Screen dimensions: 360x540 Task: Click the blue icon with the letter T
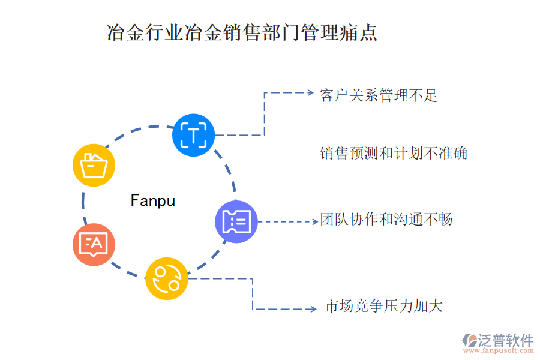(x=193, y=134)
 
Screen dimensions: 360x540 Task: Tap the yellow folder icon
(x=94, y=165)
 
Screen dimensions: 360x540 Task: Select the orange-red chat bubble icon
(x=94, y=244)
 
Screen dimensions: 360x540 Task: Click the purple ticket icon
(x=236, y=222)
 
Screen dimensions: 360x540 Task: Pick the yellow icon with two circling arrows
(x=167, y=278)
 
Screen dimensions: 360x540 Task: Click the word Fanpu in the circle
(x=153, y=200)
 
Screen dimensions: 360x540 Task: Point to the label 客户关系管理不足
(x=379, y=95)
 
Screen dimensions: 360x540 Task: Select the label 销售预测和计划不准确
(x=393, y=154)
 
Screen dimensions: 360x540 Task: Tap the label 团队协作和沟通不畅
(x=386, y=220)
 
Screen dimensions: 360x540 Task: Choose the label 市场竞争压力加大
(x=383, y=306)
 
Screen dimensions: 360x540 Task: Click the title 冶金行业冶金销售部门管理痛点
(x=242, y=32)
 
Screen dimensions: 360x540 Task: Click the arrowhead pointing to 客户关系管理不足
(x=310, y=93)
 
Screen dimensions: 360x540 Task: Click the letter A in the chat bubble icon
(x=97, y=243)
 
